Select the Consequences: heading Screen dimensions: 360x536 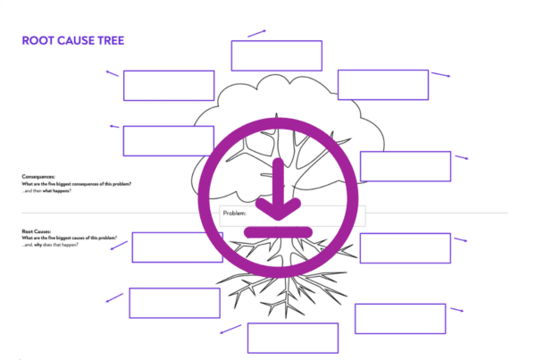[x=38, y=176]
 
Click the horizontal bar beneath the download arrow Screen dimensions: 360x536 [x=278, y=231]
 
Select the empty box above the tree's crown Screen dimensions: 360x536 [x=276, y=55]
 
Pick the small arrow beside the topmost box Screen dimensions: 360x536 [x=257, y=33]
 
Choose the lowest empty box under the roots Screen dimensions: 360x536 [x=292, y=338]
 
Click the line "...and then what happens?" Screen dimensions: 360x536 [x=46, y=190]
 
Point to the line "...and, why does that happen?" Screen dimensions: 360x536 [x=50, y=246]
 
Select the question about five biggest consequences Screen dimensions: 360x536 [x=77, y=183]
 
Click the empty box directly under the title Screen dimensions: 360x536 [x=169, y=86]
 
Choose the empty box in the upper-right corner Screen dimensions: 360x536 [x=383, y=85]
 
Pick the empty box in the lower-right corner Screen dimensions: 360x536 [x=400, y=318]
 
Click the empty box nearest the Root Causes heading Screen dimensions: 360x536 [x=177, y=247]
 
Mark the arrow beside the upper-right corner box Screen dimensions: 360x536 [x=440, y=75]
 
